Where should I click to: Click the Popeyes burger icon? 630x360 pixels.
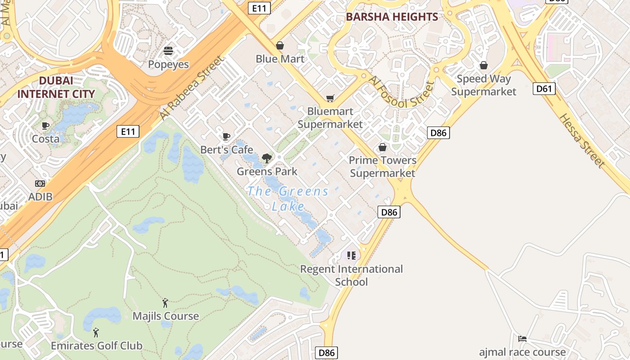(x=168, y=51)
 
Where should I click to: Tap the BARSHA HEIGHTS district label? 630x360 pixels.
(x=391, y=17)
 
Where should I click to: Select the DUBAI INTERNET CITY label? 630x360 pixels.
(x=56, y=87)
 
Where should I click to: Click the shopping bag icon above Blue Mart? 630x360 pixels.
(x=280, y=45)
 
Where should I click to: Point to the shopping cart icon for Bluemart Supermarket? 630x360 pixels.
(x=330, y=98)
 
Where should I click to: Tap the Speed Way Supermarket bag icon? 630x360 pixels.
(x=484, y=66)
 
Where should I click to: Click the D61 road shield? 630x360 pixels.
(x=544, y=89)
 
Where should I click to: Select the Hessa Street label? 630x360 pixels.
(x=581, y=140)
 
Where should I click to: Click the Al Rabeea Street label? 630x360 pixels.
(x=191, y=88)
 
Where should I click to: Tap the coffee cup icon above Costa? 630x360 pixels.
(x=45, y=126)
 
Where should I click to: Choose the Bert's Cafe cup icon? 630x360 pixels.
(x=226, y=136)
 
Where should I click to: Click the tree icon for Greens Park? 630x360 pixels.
(x=267, y=158)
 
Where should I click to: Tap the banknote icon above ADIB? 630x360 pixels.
(x=40, y=184)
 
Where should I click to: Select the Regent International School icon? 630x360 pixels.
(x=351, y=256)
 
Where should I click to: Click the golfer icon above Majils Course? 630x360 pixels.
(x=165, y=303)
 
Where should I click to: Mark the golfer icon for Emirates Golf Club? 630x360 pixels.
(x=96, y=333)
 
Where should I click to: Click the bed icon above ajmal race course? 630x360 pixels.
(x=522, y=339)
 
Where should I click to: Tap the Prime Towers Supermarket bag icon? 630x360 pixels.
(x=382, y=147)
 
